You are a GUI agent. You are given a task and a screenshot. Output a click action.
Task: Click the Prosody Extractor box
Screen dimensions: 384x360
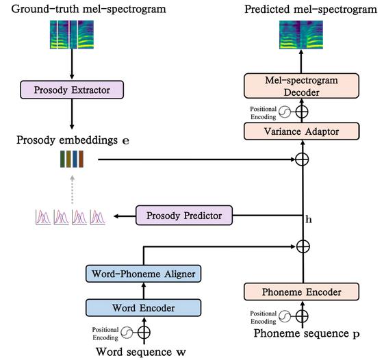coord(72,90)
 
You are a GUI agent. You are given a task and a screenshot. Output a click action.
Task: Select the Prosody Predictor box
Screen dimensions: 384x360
coord(184,216)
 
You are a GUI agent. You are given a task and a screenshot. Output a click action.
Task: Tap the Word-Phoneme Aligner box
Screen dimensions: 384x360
coord(144,274)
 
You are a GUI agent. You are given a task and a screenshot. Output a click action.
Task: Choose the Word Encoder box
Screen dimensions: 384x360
coord(144,307)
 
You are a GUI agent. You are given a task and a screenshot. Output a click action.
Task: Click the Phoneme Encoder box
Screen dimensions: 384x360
coord(301,292)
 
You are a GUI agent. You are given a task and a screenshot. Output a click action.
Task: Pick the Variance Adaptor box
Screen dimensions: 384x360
coord(301,131)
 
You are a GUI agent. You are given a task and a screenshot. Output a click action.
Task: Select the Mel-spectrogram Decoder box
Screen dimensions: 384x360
coord(301,86)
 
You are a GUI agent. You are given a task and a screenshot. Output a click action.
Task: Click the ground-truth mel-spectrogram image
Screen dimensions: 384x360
coord(72,34)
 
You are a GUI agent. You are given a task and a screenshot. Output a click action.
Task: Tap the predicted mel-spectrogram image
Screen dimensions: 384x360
coord(301,34)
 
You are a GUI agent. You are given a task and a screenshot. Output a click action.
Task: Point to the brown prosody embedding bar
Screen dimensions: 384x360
coord(81,159)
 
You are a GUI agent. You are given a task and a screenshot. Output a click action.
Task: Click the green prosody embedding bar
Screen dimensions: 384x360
coord(62,159)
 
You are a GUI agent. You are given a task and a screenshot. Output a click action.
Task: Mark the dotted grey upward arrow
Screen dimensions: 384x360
coord(72,190)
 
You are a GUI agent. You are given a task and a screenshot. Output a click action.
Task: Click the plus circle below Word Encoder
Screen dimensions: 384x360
coord(144,333)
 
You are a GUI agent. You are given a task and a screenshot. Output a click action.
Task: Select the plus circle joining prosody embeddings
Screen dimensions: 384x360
coord(302,159)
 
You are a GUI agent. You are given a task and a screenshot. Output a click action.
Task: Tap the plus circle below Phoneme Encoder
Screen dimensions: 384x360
coord(302,316)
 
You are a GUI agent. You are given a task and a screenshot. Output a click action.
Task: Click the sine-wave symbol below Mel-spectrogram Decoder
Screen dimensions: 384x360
coord(285,112)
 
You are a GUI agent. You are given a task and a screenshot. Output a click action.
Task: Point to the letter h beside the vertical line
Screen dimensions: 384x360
coord(309,219)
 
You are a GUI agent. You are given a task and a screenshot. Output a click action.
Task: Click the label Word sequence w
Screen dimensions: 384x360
coord(141,352)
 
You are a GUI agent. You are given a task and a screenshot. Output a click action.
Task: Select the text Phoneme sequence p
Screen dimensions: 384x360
coord(307,333)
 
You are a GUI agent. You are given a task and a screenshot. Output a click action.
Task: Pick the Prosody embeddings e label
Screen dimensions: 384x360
coord(73,140)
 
